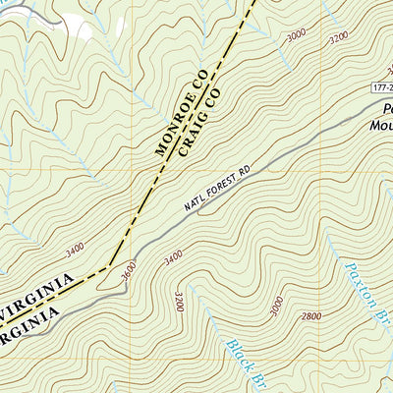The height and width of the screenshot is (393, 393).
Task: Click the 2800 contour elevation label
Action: tap(312, 316)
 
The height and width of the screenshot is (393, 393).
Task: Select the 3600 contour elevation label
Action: tap(122, 272)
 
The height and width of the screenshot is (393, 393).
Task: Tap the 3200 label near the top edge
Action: tap(339, 38)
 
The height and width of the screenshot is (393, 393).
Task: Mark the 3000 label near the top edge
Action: tap(296, 36)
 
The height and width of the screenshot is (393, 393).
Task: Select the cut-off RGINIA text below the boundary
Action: tap(29, 324)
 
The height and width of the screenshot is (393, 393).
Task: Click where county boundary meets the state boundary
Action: tap(107, 266)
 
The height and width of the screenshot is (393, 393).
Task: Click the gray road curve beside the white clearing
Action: tap(39, 13)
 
